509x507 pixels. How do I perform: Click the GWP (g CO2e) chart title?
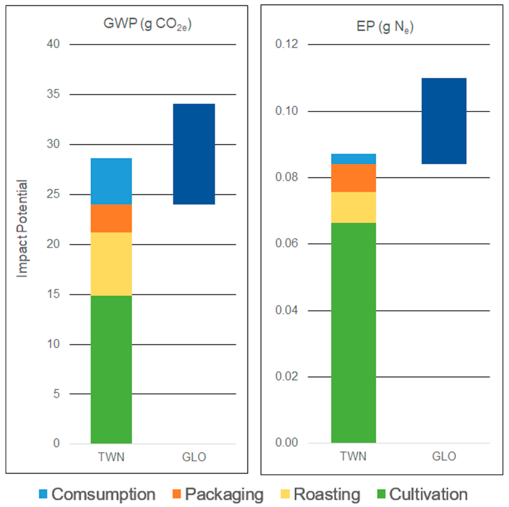(147, 24)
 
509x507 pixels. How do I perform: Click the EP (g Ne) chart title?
(385, 27)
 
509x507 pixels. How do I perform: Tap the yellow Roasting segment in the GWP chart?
(111, 264)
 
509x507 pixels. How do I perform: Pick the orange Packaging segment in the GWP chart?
(111, 218)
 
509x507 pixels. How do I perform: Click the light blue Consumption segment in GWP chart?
(111, 181)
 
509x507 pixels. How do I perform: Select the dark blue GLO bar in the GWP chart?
(194, 154)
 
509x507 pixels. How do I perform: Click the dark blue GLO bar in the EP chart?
(444, 121)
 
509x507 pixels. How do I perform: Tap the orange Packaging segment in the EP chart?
(353, 178)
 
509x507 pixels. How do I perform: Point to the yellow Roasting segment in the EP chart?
(353, 207)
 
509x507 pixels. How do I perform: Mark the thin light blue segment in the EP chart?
(353, 159)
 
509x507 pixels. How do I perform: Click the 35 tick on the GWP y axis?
(53, 94)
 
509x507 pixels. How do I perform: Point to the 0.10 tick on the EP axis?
(286, 111)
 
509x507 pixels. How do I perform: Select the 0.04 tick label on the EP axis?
(286, 310)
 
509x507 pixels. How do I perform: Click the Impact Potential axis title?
(22, 229)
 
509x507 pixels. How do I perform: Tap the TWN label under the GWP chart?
(111, 457)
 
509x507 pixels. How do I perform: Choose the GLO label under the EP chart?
(444, 456)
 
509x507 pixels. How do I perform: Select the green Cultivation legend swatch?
(381, 494)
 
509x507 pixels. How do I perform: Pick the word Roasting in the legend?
(327, 494)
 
